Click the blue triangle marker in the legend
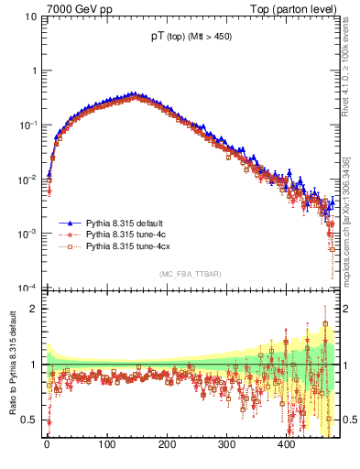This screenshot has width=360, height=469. (x=70, y=223)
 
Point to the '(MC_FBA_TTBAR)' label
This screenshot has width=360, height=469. (x=190, y=275)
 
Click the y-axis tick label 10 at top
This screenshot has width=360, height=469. (x=30, y=16)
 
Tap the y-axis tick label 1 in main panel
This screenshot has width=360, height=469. (x=34, y=71)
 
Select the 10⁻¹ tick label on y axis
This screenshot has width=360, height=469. (x=27, y=125)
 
